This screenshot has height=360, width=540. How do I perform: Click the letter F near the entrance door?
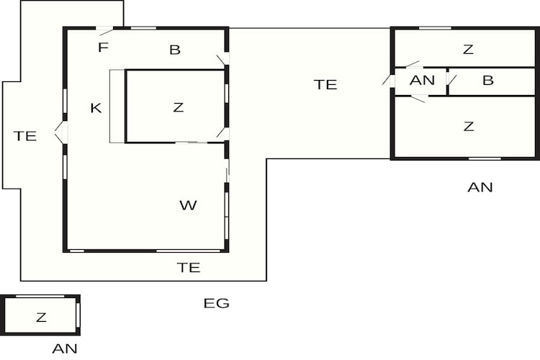click(103, 48)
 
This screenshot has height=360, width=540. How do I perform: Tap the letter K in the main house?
click(96, 108)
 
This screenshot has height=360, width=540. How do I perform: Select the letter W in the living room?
click(189, 205)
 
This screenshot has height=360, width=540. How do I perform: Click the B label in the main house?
click(175, 50)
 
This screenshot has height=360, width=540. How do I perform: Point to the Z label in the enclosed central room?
click(178, 107)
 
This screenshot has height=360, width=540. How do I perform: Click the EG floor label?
click(216, 303)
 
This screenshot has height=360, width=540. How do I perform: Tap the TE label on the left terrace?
click(25, 136)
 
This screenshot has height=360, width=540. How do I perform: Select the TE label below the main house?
click(189, 268)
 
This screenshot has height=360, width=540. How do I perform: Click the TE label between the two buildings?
click(325, 85)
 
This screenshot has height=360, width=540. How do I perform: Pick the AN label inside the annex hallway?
click(422, 81)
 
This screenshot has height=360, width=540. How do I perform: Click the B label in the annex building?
click(488, 81)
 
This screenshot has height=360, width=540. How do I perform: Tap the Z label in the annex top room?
click(469, 50)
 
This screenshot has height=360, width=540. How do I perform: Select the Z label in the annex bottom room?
click(469, 127)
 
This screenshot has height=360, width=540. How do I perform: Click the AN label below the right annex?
click(480, 187)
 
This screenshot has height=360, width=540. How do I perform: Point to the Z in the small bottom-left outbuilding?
click(41, 318)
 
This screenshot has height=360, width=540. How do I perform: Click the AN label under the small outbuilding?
click(65, 349)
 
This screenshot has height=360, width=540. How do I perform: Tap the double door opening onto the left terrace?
click(61, 132)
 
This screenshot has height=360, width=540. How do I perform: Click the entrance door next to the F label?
click(104, 30)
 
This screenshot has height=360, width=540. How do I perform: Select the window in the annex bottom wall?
click(485, 159)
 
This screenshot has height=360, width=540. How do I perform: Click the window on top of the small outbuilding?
click(40, 296)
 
